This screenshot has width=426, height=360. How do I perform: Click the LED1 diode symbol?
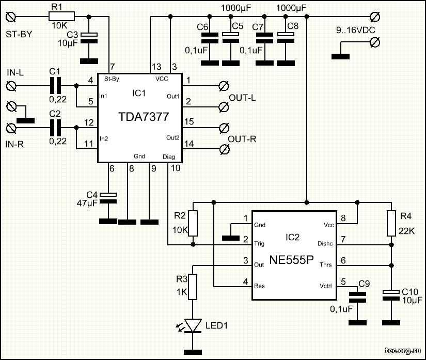pos(193,325)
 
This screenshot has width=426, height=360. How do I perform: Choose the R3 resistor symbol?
pos(193,287)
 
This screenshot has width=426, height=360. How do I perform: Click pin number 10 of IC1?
pos(176,168)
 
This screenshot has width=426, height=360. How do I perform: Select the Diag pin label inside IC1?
pos(169,156)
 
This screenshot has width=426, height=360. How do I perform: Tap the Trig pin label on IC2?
pos(260,243)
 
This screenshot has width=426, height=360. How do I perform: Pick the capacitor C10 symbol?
pos(391,294)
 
